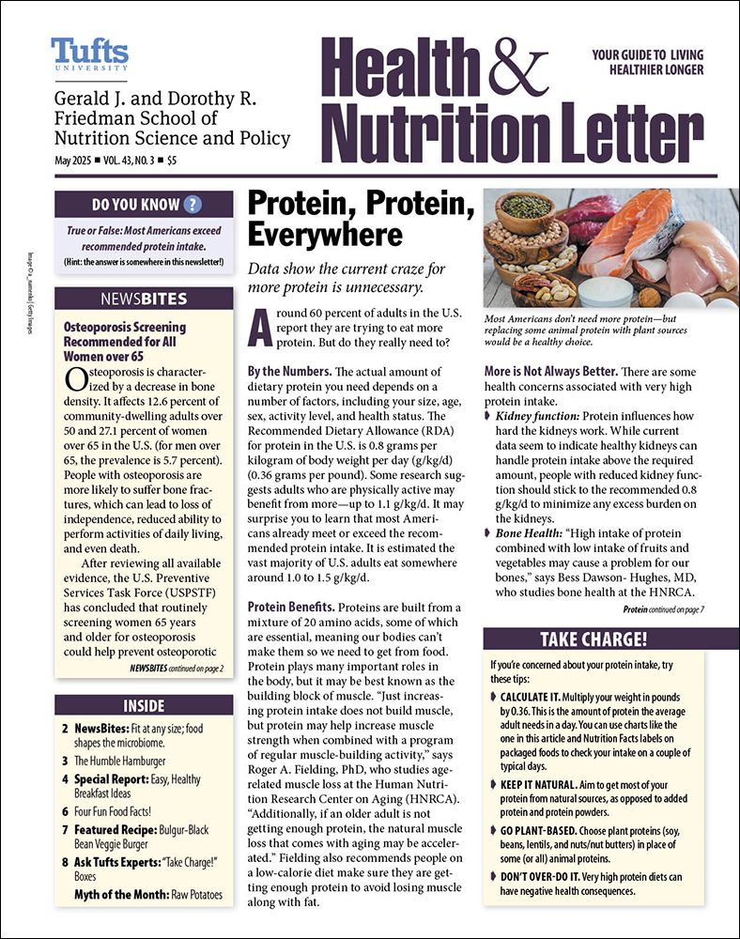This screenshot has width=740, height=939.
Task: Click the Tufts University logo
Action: coord(89,54)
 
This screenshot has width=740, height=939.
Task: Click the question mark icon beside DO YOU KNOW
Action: coord(193,205)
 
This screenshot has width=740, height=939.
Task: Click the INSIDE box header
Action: coord(144,705)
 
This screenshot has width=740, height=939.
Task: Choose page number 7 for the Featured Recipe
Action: coord(66,830)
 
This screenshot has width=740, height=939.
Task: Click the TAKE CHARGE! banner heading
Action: coord(593,640)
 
